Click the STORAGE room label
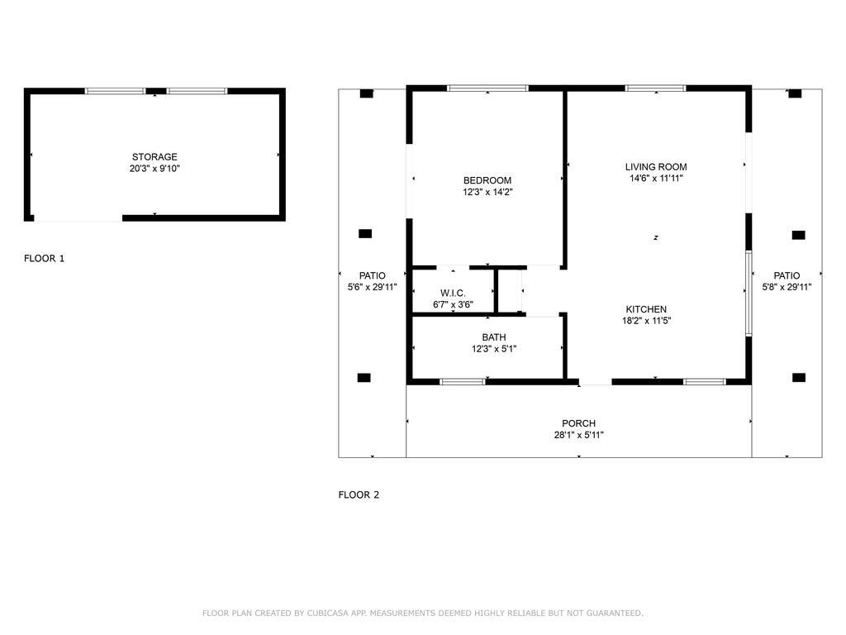click(154, 157)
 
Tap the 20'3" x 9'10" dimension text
click(154, 169)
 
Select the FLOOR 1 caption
click(44, 259)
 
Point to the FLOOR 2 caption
click(359, 495)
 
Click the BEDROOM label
click(487, 181)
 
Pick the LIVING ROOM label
click(656, 167)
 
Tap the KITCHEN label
click(646, 309)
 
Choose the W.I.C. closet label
click(453, 294)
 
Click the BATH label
click(494, 337)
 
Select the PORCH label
click(578, 424)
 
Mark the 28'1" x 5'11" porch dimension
click(578, 435)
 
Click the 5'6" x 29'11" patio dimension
click(373, 287)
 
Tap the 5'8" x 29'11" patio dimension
click(787, 287)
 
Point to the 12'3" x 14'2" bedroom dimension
click(487, 192)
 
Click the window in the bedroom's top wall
click(487, 88)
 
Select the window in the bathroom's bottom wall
click(463, 382)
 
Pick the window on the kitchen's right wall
click(749, 294)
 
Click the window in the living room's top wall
click(656, 88)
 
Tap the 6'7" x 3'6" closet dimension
click(453, 304)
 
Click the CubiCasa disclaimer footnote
click(422, 613)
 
